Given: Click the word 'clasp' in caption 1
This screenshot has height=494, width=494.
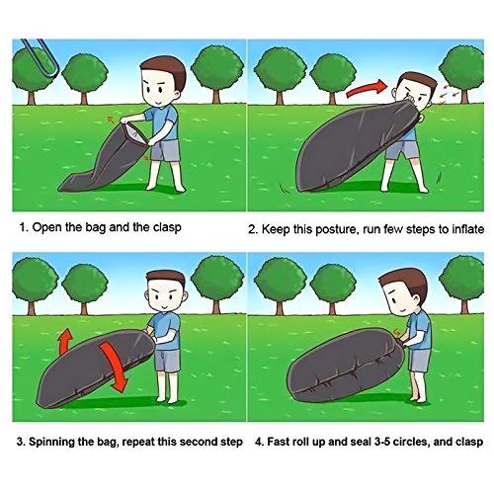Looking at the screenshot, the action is (167, 228).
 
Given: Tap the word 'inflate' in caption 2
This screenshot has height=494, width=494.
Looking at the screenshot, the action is (467, 229).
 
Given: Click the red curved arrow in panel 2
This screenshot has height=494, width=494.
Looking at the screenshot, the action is (367, 89).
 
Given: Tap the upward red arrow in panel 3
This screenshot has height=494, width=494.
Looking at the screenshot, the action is (66, 342).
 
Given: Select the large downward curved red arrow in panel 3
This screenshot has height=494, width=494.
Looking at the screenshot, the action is (114, 366).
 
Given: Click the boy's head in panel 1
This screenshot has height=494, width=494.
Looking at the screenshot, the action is (161, 82).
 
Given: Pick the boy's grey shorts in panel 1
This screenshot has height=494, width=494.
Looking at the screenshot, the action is (165, 150).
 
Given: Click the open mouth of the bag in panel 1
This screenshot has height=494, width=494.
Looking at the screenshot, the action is (134, 133).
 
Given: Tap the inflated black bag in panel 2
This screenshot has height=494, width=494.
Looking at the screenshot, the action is (358, 146).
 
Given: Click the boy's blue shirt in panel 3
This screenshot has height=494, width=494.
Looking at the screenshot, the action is (167, 332).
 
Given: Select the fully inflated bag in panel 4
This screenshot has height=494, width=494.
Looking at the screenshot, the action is (345, 367).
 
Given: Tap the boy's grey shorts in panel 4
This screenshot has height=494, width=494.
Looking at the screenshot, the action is (419, 360).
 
